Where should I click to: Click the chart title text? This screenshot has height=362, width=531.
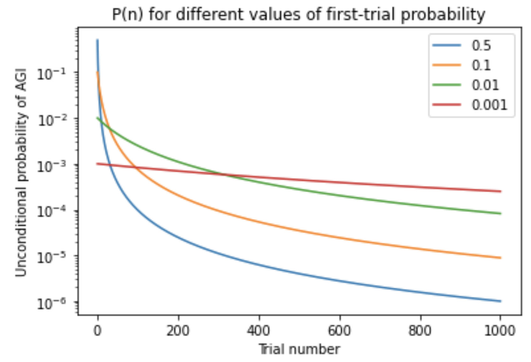(x=298, y=14)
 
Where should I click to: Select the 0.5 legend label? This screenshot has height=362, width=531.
(x=481, y=46)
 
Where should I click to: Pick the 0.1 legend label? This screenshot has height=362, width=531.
(x=481, y=65)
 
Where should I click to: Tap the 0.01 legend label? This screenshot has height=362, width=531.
(x=485, y=85)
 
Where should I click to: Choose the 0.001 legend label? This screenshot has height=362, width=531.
(x=489, y=105)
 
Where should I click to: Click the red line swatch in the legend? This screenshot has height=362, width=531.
(x=447, y=105)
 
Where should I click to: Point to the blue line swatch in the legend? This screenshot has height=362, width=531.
(x=447, y=45)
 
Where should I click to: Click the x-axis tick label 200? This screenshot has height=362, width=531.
(x=178, y=331)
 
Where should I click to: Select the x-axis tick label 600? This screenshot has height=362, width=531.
(x=339, y=331)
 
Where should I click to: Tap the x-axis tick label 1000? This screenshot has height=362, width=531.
(x=500, y=331)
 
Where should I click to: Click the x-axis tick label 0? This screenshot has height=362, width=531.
(x=97, y=331)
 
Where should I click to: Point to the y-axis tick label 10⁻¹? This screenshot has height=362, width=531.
(x=51, y=74)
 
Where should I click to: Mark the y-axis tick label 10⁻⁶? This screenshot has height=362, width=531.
(x=51, y=303)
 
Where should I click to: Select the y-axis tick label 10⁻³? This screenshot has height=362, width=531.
(x=51, y=166)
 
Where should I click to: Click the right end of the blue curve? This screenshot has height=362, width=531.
(x=500, y=301)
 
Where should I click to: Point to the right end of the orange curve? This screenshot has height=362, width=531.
(x=500, y=258)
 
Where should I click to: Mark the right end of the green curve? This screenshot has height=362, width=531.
(x=500, y=213)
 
